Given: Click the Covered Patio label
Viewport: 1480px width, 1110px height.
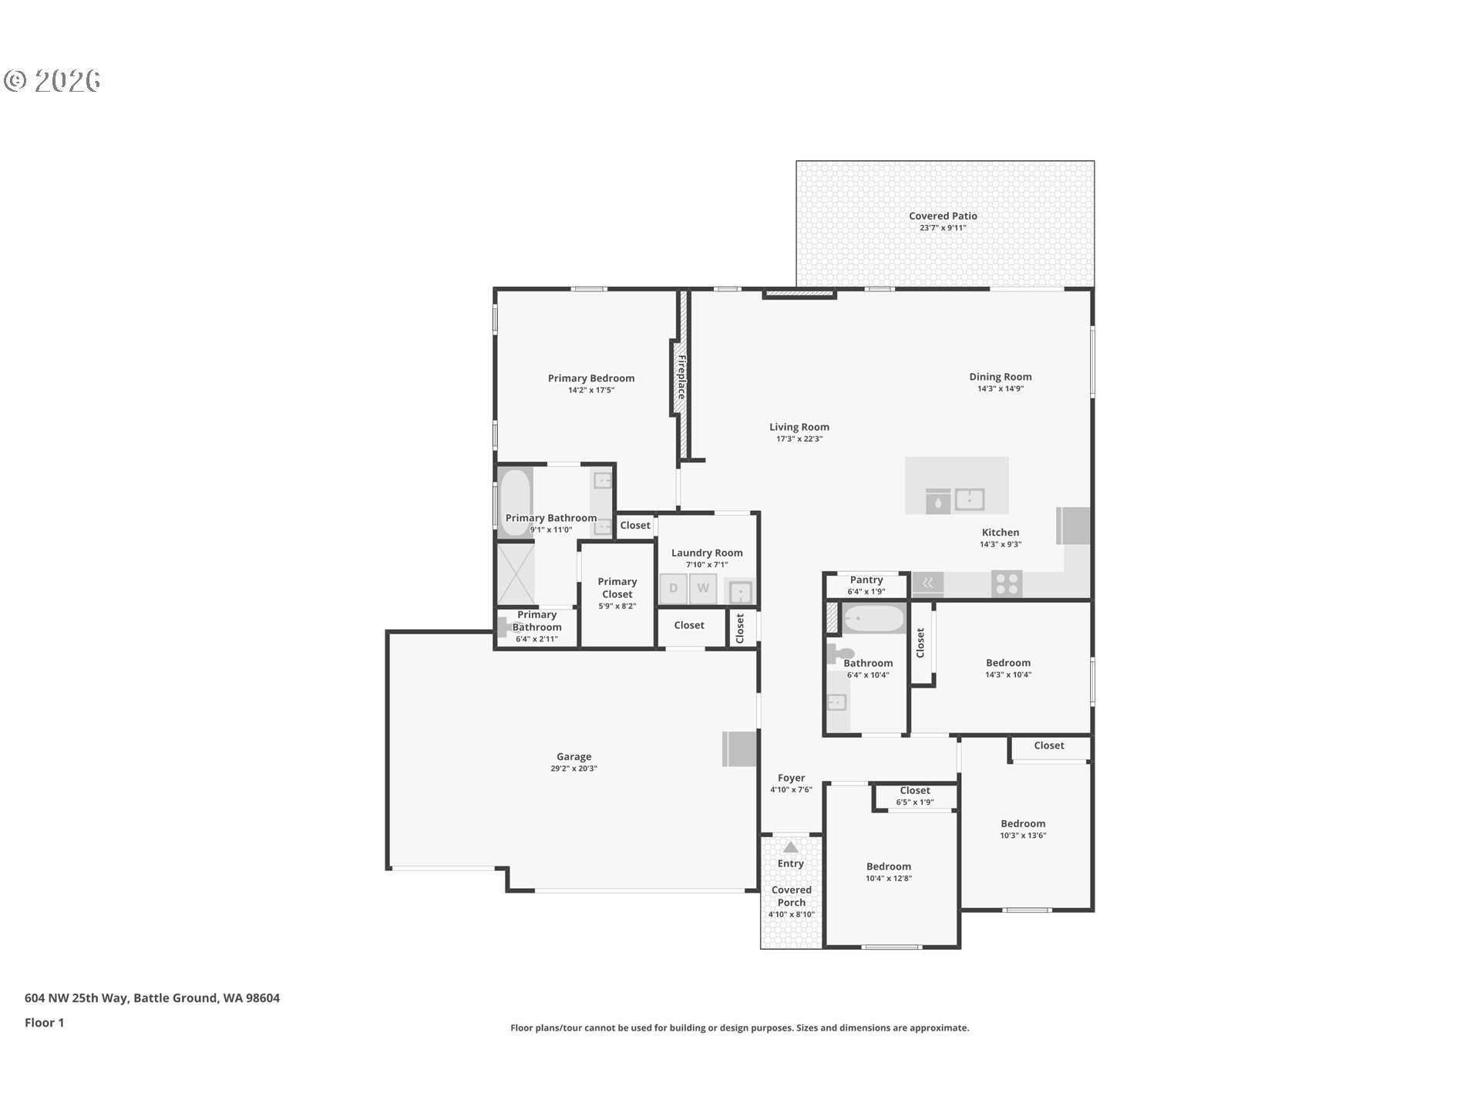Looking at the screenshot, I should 942,216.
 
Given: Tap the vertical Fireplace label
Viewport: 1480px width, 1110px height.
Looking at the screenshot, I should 681,377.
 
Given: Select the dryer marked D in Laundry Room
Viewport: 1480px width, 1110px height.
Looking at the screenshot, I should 673,589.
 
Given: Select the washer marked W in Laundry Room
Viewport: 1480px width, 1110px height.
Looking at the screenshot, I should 703,589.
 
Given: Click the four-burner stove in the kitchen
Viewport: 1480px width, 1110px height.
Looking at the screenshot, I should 1006,584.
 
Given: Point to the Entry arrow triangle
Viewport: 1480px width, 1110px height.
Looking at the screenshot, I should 790,847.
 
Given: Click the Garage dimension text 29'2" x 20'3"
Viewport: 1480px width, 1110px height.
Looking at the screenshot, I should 573,769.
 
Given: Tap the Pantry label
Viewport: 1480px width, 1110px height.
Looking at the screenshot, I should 866,580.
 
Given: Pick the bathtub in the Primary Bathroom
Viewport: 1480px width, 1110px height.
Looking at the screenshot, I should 515,502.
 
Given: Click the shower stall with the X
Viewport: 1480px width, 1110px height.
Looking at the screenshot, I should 515,573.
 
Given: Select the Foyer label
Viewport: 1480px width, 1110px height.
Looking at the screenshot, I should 791,778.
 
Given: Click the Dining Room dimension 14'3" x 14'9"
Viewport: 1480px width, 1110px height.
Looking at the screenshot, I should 1000,388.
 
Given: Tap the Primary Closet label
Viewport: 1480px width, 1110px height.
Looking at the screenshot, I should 617,587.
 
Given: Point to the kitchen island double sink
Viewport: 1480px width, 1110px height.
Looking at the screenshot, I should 969,499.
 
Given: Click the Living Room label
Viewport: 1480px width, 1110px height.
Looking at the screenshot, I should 799,426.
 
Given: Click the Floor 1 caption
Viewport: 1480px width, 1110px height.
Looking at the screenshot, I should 44,1022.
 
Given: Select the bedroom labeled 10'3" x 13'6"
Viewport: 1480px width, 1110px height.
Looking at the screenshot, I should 1023,829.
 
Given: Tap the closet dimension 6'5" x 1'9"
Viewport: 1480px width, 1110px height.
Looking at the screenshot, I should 914,802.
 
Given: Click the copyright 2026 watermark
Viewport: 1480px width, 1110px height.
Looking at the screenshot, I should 52,80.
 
